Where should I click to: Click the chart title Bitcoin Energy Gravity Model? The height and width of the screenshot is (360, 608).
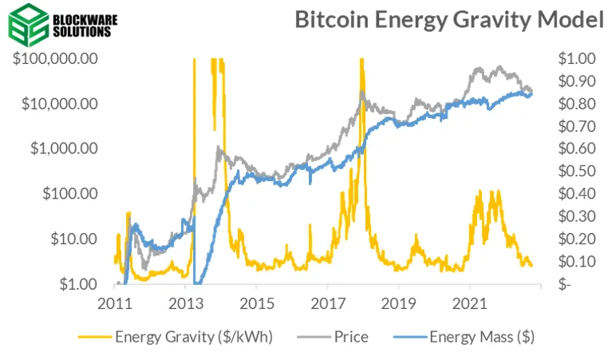449,20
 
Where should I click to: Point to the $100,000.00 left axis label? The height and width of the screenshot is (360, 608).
55,59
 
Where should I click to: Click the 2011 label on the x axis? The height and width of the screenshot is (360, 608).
117,304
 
